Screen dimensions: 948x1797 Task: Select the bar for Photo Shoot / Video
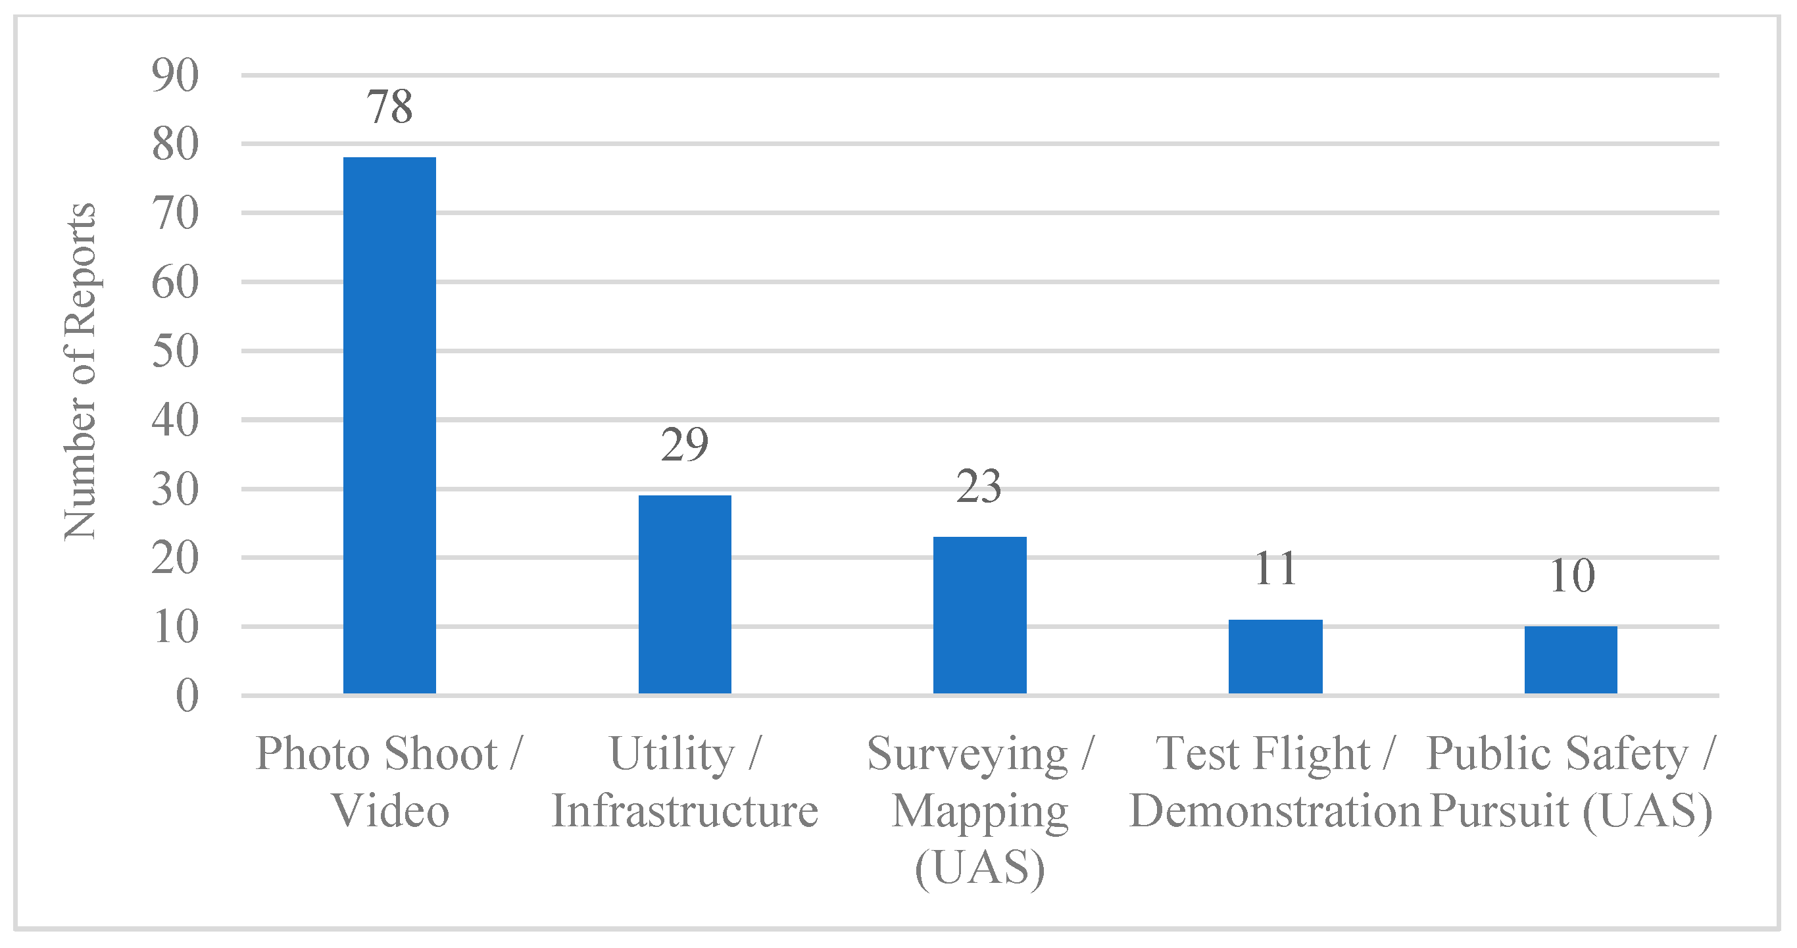click(x=389, y=426)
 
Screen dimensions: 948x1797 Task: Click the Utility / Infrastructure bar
click(x=684, y=594)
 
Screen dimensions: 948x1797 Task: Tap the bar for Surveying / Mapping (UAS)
click(x=979, y=615)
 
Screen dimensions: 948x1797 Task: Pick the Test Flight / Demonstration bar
click(x=1275, y=657)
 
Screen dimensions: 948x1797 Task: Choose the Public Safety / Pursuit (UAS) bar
click(x=1570, y=660)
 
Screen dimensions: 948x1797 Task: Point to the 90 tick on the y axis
click(x=175, y=76)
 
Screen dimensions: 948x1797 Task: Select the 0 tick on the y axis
click(x=187, y=695)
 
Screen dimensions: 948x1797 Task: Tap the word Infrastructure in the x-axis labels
click(x=684, y=811)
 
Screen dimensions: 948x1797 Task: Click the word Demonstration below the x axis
click(x=1275, y=811)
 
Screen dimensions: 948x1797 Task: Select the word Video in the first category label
click(x=390, y=811)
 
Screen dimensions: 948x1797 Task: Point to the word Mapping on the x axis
click(x=979, y=812)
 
